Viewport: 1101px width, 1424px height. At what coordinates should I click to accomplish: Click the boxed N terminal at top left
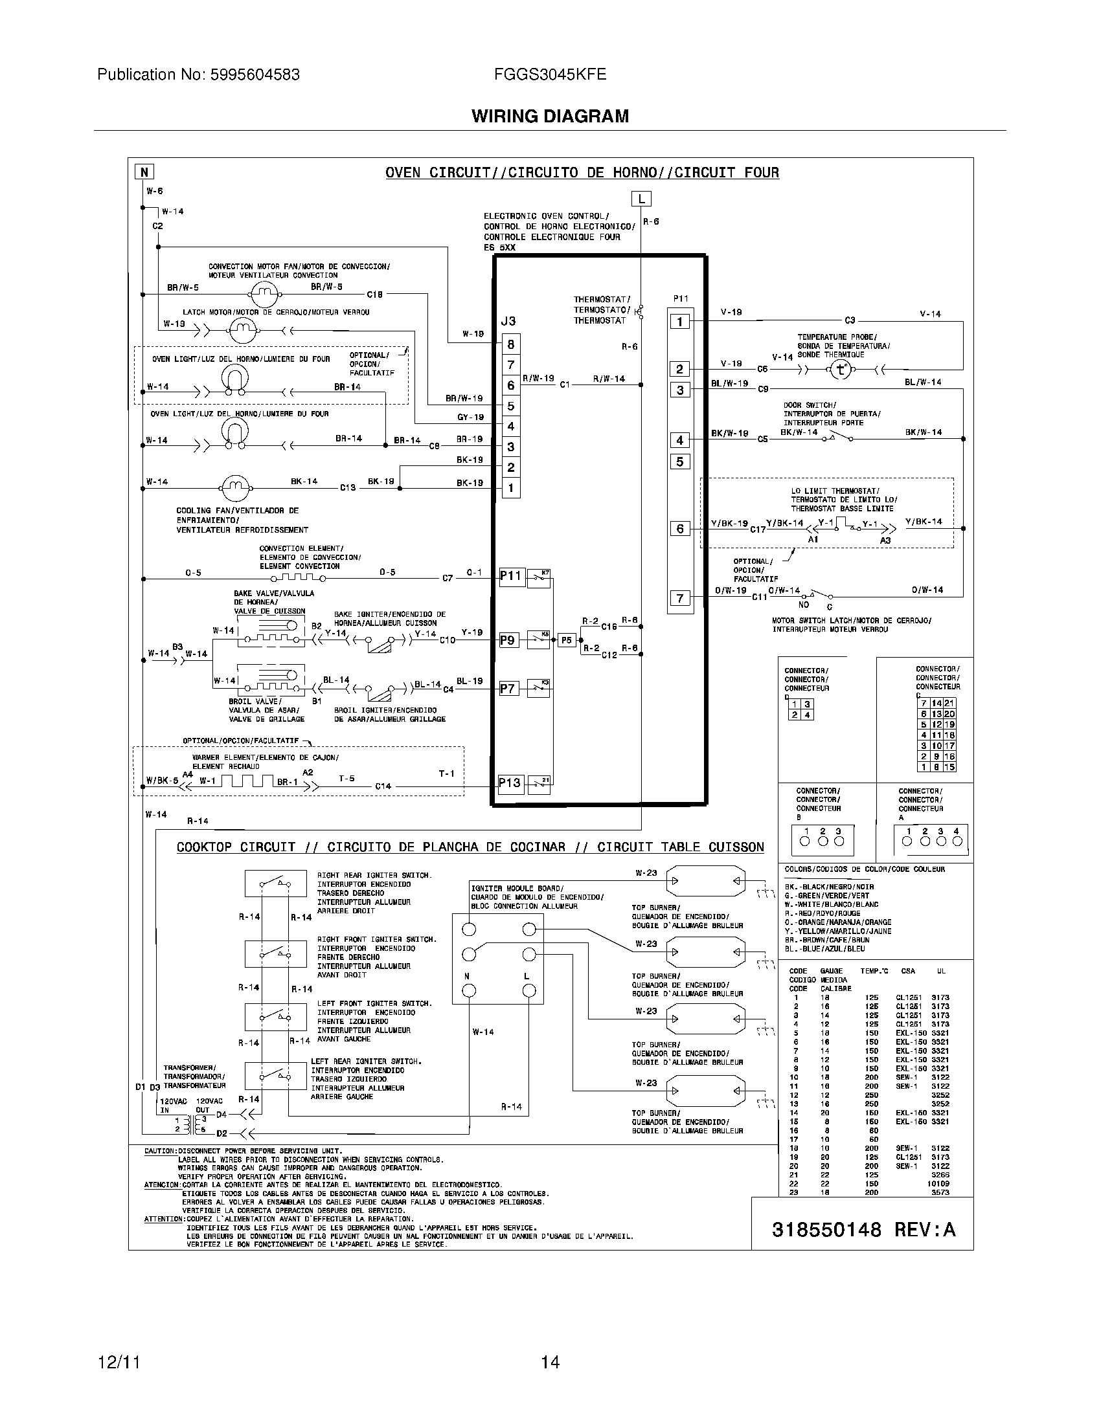click(x=144, y=172)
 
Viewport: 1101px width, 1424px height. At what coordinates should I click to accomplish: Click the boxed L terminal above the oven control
click(x=642, y=199)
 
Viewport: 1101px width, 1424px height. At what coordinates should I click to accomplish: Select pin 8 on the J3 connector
click(x=511, y=344)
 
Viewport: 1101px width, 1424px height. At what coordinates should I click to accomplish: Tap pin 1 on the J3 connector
click(x=511, y=487)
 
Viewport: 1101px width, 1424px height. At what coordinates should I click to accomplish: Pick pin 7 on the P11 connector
click(x=679, y=598)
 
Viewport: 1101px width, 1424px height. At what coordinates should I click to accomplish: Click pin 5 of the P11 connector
click(x=679, y=462)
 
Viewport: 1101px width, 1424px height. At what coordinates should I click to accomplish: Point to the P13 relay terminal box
click(x=510, y=783)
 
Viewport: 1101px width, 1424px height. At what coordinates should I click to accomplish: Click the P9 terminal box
click(x=508, y=640)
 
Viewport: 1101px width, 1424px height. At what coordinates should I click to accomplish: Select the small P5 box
click(x=566, y=640)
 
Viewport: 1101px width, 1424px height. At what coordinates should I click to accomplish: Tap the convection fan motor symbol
click(x=264, y=295)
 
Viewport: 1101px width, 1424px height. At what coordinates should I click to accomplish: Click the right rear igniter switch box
click(x=275, y=884)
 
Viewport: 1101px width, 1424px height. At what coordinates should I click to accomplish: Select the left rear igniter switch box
click(x=275, y=1076)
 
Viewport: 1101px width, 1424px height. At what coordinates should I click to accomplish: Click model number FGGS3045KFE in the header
click(x=550, y=74)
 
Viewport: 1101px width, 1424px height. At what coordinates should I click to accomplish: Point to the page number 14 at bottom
click(x=550, y=1362)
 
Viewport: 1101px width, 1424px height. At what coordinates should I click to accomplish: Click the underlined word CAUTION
click(x=160, y=1151)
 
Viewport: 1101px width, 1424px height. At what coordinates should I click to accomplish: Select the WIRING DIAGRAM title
click(x=550, y=116)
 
